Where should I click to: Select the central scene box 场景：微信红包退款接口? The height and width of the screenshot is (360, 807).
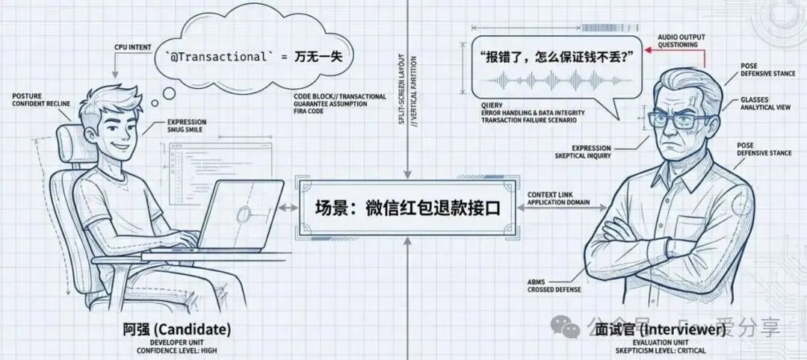[406, 208]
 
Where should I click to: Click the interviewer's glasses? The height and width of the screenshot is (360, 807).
[681, 120]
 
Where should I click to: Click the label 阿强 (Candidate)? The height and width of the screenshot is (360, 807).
[177, 329]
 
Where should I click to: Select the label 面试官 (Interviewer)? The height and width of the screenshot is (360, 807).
[661, 329]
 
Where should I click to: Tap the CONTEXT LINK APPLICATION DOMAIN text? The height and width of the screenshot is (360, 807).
[557, 199]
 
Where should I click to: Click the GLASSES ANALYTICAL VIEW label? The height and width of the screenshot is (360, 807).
[763, 103]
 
